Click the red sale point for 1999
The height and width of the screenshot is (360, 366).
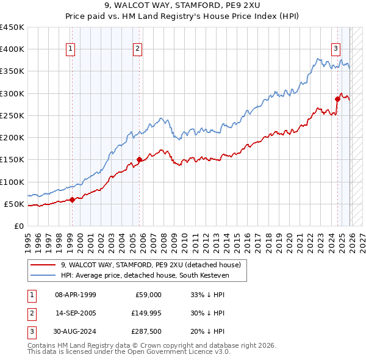click(x=72, y=199)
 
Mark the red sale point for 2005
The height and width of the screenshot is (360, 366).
click(x=139, y=159)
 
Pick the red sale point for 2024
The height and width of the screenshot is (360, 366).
click(x=337, y=98)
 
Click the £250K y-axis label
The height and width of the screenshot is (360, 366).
click(x=12, y=115)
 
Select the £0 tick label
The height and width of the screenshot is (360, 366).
click(x=18, y=226)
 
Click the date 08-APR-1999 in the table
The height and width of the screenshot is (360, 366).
click(x=76, y=295)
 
